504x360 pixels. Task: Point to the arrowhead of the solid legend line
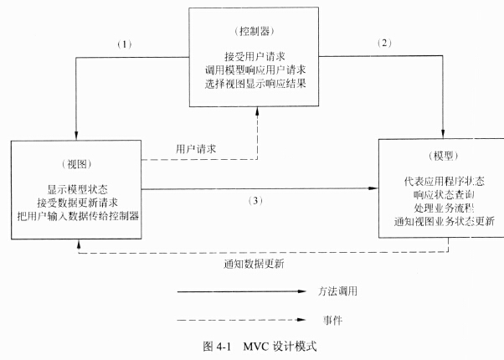(x=304, y=293)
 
